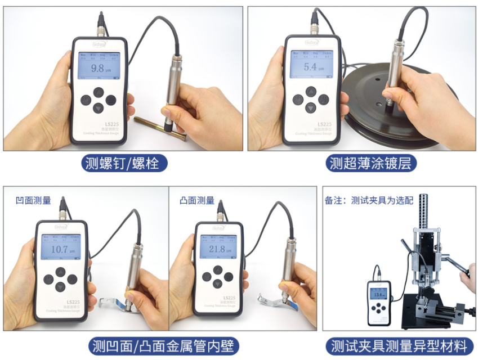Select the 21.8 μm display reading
(x=219, y=249)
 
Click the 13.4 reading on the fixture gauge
(x=378, y=294)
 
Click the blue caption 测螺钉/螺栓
(x=125, y=163)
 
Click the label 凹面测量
(x=34, y=200)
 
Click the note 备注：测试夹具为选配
(x=369, y=200)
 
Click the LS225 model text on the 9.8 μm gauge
(x=106, y=124)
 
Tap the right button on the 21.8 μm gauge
(x=229, y=277)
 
